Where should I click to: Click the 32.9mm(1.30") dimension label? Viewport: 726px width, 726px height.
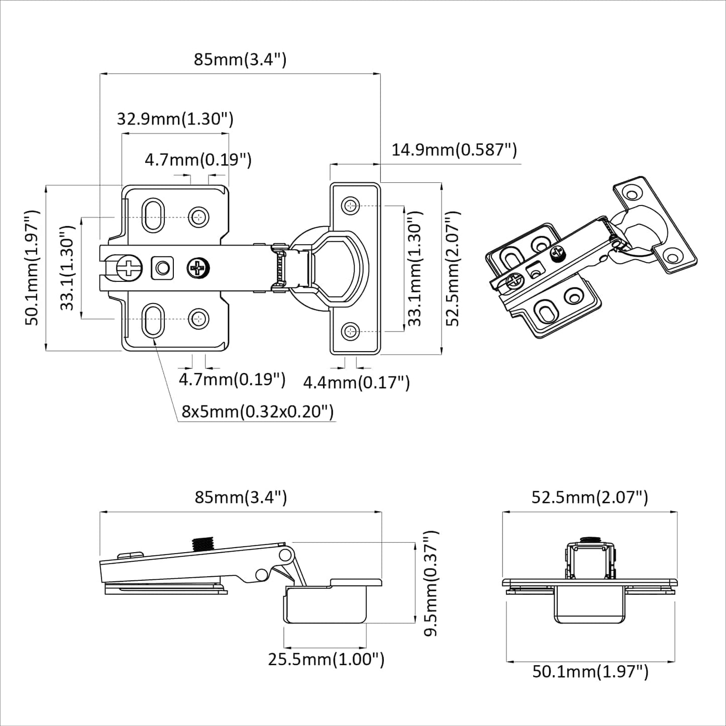[175, 119]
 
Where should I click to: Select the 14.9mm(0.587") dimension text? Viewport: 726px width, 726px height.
[454, 150]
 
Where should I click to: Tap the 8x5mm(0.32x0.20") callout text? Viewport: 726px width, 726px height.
[257, 411]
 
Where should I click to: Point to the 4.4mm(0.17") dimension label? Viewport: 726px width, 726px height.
[356, 383]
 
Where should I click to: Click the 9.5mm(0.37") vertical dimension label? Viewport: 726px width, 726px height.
[431, 583]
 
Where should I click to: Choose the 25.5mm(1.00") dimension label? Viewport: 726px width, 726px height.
[326, 659]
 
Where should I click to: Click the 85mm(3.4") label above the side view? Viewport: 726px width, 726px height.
[241, 497]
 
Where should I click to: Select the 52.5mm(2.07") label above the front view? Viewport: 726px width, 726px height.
[590, 497]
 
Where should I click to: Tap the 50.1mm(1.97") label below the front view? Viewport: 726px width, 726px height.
[590, 671]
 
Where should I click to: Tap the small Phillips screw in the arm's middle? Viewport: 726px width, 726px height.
[198, 268]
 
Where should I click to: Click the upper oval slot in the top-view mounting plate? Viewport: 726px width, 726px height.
[153, 216]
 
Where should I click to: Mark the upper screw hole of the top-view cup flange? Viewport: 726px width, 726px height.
[350, 205]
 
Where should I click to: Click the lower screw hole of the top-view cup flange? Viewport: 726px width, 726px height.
[350, 331]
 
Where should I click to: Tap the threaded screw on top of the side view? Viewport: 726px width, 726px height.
[203, 543]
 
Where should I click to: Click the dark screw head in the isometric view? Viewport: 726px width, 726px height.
[558, 253]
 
